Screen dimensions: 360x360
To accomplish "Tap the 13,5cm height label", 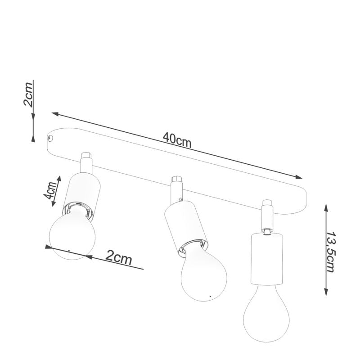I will coord(331,252).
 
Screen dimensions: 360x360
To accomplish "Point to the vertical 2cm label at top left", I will coord(29,94).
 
